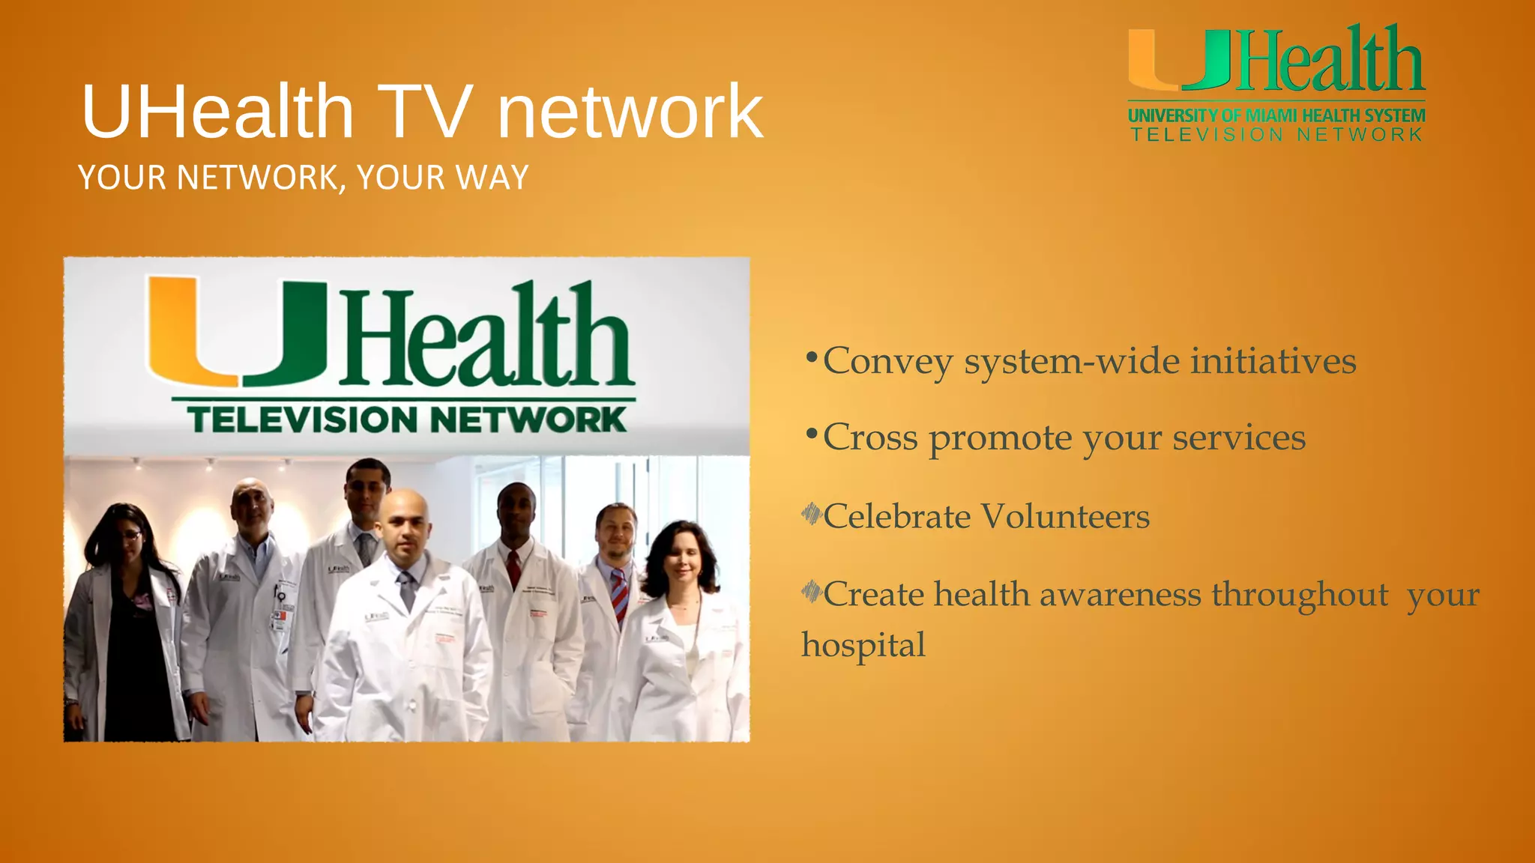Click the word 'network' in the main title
tap(630, 112)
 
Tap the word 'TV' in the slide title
tap(425, 112)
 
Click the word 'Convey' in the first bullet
tap(888, 362)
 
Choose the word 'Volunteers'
tap(1065, 517)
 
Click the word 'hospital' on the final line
tap(863, 646)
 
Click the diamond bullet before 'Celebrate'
tap(811, 514)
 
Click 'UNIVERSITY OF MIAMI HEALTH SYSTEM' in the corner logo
tap(1276, 116)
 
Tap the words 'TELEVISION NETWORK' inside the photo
tap(406, 420)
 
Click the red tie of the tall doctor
tap(513, 569)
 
